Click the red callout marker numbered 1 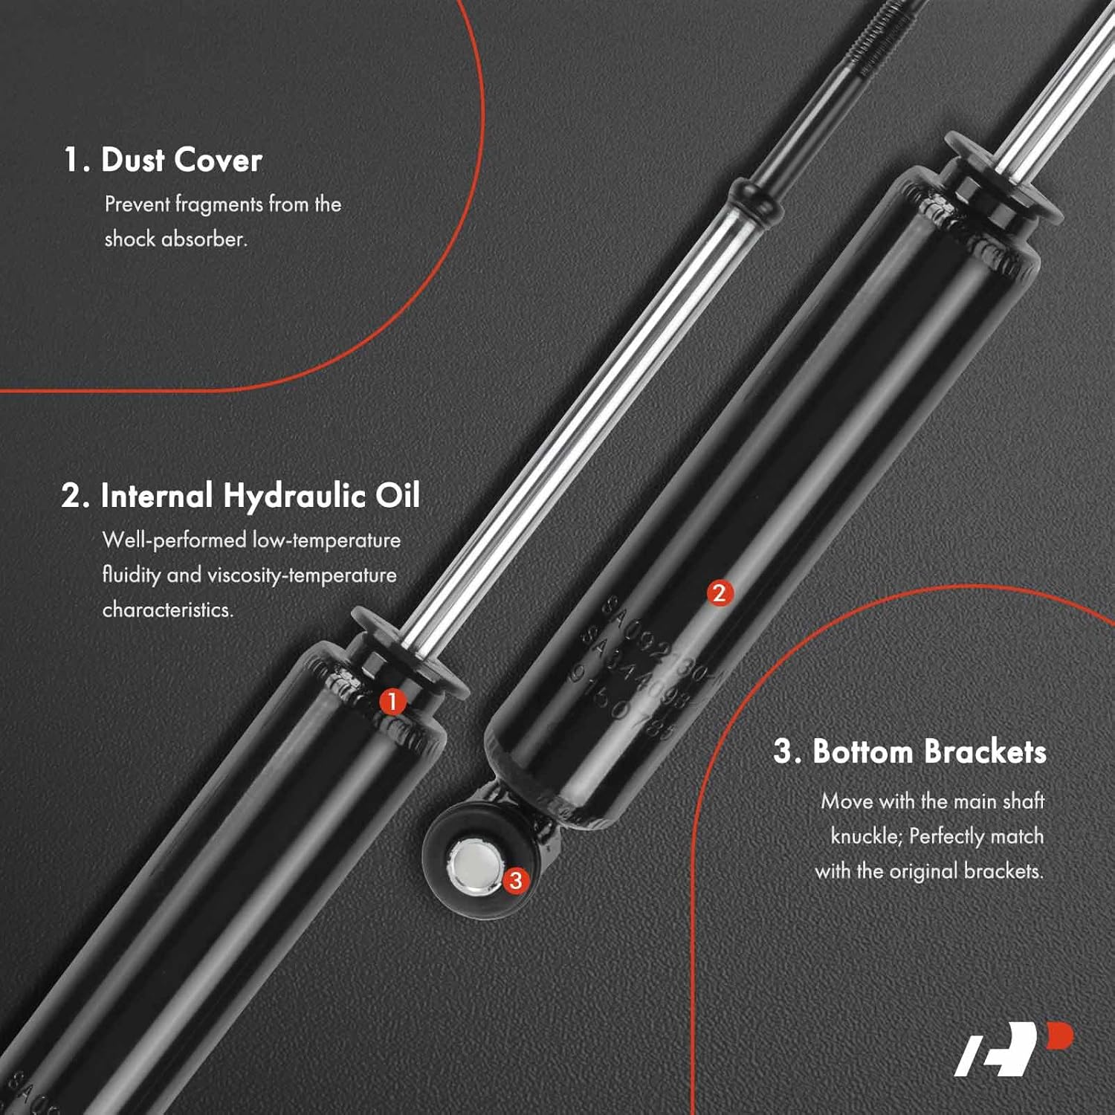392,701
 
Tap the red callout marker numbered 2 719,593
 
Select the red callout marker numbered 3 515,881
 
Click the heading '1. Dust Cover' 163,161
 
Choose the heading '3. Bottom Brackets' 909,752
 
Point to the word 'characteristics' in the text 167,610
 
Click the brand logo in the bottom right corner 1013,1049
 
